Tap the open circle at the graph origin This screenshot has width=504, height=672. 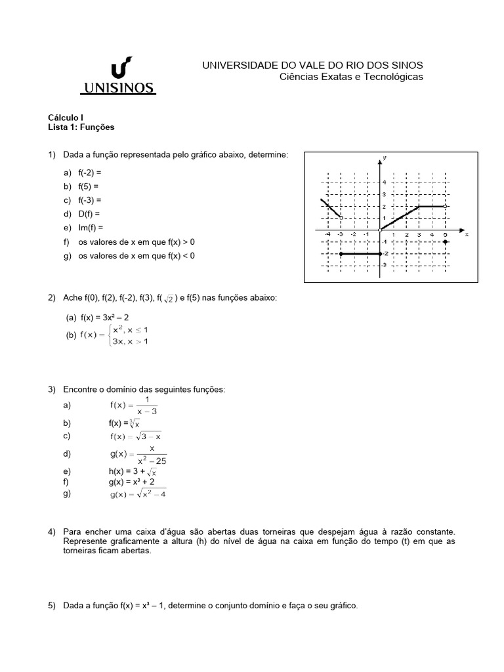(380, 230)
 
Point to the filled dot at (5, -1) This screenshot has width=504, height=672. (446, 242)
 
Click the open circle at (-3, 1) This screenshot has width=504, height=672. (341, 217)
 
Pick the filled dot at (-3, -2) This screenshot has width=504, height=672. (341, 253)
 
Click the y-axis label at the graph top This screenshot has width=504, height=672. (383, 158)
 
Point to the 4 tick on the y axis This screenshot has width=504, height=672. (384, 182)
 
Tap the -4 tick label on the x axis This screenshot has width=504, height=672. (327, 234)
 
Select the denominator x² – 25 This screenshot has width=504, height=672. (151, 461)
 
